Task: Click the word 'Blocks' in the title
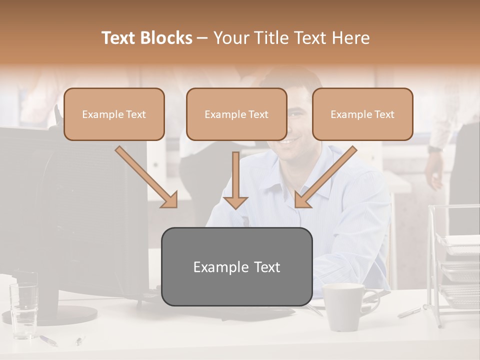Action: tap(166, 38)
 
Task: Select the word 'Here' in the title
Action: tap(352, 38)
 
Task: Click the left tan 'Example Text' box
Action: tap(114, 114)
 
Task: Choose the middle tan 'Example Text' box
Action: tap(236, 114)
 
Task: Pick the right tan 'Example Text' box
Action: tap(362, 114)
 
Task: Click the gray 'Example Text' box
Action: tap(237, 266)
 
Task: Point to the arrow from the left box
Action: tap(147, 177)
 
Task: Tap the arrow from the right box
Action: tap(325, 177)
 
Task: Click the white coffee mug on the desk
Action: tap(344, 306)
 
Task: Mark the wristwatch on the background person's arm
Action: tap(435, 149)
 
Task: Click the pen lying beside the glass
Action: tap(48, 340)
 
